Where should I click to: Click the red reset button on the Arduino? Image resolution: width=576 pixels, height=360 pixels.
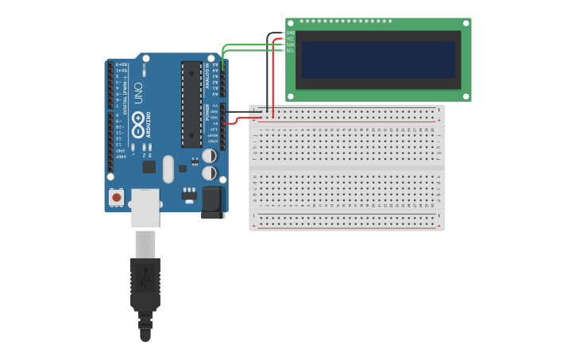tap(117, 196)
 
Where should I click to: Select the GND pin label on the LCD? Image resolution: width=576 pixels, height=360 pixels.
tap(291, 33)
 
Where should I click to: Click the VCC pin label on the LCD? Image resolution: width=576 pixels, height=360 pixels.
tap(291, 38)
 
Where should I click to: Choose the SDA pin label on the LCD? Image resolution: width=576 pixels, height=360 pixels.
tap(291, 45)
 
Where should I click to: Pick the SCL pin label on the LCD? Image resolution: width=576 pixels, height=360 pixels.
tap(291, 50)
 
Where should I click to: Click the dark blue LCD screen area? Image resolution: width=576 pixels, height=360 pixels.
tap(378, 60)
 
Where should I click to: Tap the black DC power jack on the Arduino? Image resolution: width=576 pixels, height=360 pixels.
tap(213, 202)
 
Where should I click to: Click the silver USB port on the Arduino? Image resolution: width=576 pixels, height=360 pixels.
tap(145, 207)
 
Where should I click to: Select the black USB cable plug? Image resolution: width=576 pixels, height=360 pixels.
tap(145, 282)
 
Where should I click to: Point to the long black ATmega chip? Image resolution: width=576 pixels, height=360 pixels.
tap(191, 104)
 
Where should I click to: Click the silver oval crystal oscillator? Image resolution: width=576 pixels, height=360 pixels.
tap(168, 168)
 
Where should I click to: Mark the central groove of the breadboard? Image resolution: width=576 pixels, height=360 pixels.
tap(346, 168)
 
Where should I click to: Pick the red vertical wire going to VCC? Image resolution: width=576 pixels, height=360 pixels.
tap(274, 79)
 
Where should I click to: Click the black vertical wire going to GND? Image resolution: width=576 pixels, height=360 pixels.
tap(267, 75)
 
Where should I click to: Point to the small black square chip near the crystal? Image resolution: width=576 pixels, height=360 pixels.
tap(149, 167)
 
